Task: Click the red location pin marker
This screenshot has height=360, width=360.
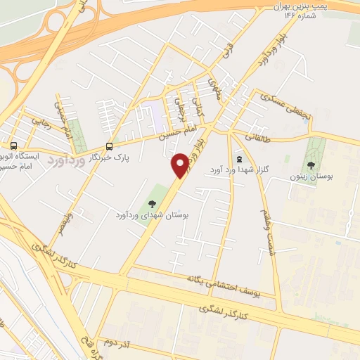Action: click(181, 165)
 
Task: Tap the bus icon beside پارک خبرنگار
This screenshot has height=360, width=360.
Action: click(109, 146)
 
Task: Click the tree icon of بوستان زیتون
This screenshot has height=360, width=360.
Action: click(311, 165)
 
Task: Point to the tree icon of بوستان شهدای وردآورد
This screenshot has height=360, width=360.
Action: click(153, 204)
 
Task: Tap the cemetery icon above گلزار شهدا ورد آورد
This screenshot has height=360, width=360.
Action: click(240, 159)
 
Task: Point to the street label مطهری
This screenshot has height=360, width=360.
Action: click(212, 87)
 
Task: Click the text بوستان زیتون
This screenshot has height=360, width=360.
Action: click(311, 176)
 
